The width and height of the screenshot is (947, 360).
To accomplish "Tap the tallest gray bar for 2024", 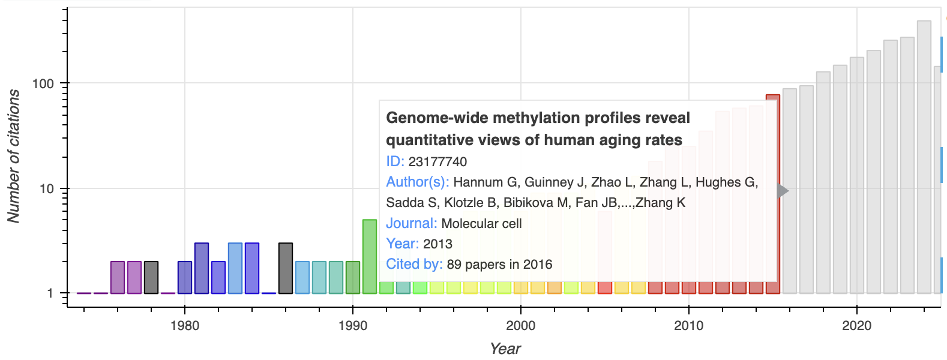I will tap(924, 156).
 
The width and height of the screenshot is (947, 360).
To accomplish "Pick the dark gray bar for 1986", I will tap(286, 268).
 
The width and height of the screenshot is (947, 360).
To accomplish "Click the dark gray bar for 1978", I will tap(151, 277).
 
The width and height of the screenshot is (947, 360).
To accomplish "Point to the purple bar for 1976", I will tap(118, 277).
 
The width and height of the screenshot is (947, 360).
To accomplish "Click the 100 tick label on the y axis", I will tap(43, 84).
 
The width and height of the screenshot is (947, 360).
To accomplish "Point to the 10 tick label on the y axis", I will tap(47, 189).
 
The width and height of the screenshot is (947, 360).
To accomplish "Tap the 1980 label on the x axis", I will tap(185, 326).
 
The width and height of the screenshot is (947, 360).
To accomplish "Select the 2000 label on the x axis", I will tap(521, 326).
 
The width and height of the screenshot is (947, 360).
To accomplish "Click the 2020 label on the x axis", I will tap(857, 326).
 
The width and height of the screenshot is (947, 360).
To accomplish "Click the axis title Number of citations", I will tap(13, 156).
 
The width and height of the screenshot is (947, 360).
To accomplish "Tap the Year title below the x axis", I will tap(505, 349).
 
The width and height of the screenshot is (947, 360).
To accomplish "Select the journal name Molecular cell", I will tap(481, 224).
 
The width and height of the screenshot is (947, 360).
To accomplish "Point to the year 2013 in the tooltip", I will tap(437, 244).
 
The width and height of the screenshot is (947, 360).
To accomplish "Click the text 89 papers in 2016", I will tap(499, 265).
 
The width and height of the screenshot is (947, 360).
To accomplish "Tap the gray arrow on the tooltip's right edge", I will tap(783, 191).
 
